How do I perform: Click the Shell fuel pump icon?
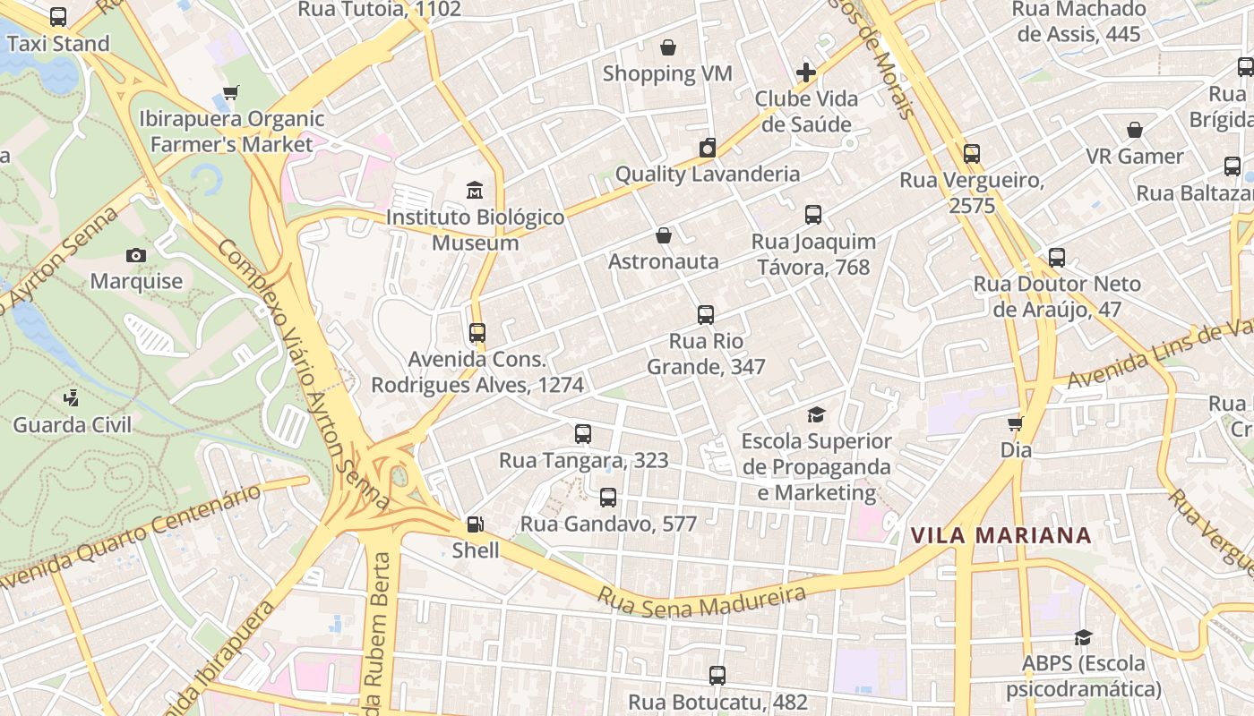[x=476, y=524]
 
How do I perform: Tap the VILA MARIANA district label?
[x=1001, y=536]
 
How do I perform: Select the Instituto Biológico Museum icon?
[x=475, y=191]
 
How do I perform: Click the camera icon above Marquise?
[x=136, y=255]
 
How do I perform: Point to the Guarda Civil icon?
[x=72, y=398]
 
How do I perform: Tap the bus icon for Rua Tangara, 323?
[x=583, y=434]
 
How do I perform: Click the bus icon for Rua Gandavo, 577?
[x=608, y=498]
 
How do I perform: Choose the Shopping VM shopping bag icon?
[x=667, y=47]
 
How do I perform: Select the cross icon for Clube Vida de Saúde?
[x=806, y=72]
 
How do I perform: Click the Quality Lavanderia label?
[x=707, y=174]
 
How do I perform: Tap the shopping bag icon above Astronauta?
[x=664, y=235]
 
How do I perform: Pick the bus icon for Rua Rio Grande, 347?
[x=706, y=315]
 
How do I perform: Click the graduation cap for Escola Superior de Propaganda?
[x=816, y=415]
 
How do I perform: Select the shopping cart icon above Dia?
[x=1015, y=423]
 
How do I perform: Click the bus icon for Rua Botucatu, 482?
[x=717, y=676]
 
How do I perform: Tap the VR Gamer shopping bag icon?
[x=1135, y=130]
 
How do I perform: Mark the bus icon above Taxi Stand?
[x=58, y=17]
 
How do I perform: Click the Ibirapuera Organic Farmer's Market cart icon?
[x=230, y=92]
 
